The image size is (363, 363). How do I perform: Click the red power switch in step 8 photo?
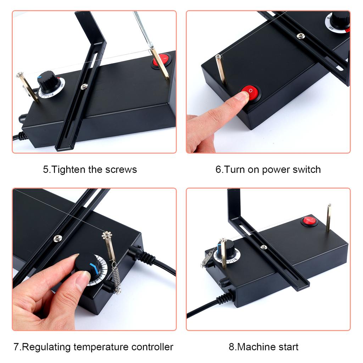tap(309, 221)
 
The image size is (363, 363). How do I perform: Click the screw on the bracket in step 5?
tap(84, 86)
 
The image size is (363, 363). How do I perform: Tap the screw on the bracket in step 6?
tap(301, 36)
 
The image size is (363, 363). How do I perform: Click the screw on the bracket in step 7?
tap(57, 238)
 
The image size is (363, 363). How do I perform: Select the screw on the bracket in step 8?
tap(263, 247)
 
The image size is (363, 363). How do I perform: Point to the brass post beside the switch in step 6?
tap(220, 69)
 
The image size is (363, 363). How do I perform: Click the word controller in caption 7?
tap(153, 347)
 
